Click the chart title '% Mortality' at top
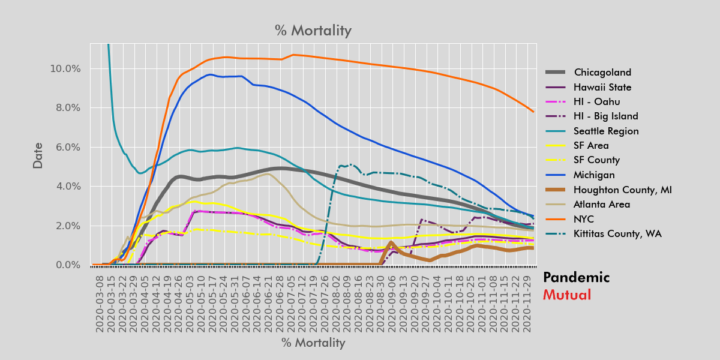pyautogui.click(x=313, y=31)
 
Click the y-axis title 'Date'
pyautogui.click(x=38, y=155)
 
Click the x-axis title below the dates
pyautogui.click(x=313, y=343)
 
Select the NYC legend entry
pyautogui.click(x=584, y=219)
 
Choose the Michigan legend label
pyautogui.click(x=594, y=175)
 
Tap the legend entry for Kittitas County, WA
pyautogui.click(x=617, y=233)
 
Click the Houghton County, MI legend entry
pyautogui.click(x=622, y=190)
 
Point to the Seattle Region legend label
pyautogui.click(x=606, y=131)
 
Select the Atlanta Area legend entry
pyautogui.click(x=602, y=204)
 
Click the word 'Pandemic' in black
pyautogui.click(x=576, y=277)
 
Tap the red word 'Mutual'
pyautogui.click(x=566, y=295)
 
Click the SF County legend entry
pyautogui.click(x=596, y=160)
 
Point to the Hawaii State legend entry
pyautogui.click(x=602, y=87)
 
